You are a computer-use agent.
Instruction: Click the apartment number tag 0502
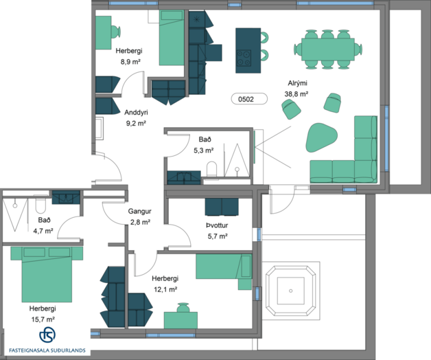[x=249, y=99]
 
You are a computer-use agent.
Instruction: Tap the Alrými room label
[x=297, y=83]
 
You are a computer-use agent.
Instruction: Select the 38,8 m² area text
[x=296, y=94]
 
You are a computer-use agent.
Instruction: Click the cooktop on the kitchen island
[x=244, y=58]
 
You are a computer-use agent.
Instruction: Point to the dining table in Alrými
[x=327, y=49]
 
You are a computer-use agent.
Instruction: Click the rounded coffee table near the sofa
[x=321, y=137]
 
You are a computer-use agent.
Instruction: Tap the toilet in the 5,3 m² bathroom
[x=211, y=169]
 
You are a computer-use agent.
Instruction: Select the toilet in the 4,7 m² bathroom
[x=40, y=205]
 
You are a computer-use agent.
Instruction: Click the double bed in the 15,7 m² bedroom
[x=47, y=274]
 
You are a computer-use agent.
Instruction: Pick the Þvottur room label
[x=217, y=225]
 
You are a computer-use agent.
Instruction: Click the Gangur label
[x=139, y=212]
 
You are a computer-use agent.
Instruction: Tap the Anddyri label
[x=136, y=112]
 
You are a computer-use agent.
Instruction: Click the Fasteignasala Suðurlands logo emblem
[x=47, y=335]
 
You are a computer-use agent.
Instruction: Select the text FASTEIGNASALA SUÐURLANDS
[x=47, y=350]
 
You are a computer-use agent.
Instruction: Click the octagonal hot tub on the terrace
[x=290, y=291]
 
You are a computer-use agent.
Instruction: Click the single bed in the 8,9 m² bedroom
[x=172, y=38]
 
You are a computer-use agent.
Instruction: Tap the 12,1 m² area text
[x=165, y=289]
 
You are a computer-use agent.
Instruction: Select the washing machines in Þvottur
[x=222, y=207]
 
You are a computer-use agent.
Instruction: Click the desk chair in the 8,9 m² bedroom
[x=116, y=32]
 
